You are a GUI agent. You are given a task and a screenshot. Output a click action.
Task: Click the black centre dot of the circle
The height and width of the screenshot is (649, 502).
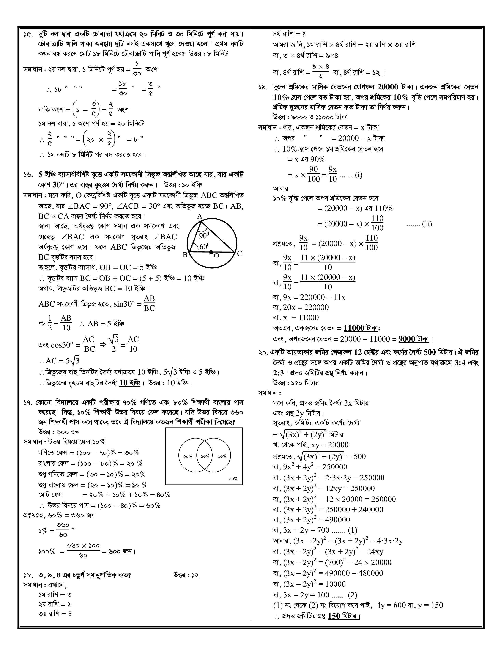[x=211, y=252]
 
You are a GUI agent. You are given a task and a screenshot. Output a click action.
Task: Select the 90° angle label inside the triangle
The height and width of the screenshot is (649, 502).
[x=204, y=235]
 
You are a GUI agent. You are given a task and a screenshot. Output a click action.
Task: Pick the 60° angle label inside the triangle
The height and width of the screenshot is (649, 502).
[x=205, y=246]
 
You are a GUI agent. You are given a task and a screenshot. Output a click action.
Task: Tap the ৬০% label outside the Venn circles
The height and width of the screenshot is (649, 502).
[x=233, y=479]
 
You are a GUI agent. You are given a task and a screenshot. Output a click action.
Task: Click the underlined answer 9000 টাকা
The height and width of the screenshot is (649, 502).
[x=414, y=339]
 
